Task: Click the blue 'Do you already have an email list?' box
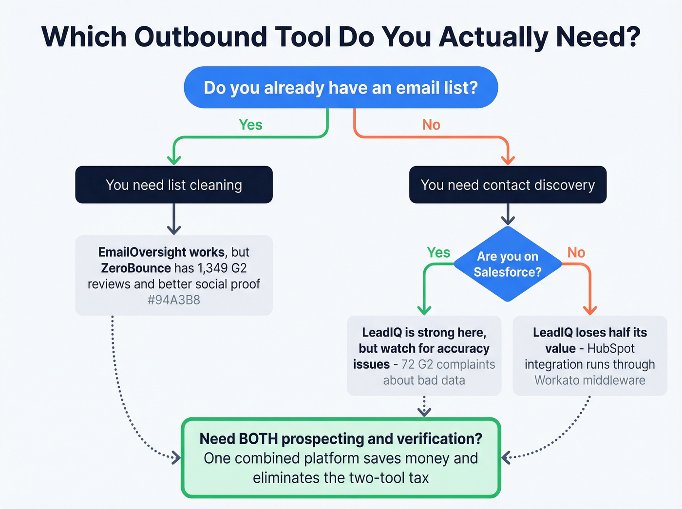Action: coord(341,88)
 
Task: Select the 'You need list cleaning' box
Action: coord(174,185)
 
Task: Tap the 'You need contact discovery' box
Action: coord(508,185)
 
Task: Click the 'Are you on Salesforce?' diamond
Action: coord(508,264)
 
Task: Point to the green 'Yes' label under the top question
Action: coord(250,125)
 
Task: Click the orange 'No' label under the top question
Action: coord(431,125)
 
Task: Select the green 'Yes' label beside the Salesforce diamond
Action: coord(438,252)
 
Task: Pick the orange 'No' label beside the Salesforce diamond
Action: coord(576,252)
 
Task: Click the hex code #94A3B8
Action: coord(174,300)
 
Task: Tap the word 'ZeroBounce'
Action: coord(136,268)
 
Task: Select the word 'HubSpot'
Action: coord(611,349)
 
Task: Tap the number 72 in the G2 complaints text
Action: coord(408,365)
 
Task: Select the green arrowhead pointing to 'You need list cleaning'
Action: coord(174,160)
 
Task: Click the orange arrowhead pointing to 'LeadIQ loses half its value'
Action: coord(590,310)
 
